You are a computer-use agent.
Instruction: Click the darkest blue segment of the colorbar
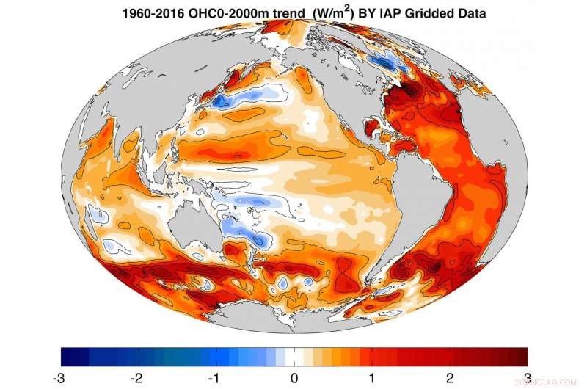(67, 356)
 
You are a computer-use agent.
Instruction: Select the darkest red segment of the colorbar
(520, 356)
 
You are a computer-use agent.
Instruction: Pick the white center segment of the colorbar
(293, 356)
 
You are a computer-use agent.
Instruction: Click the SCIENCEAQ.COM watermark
(550, 381)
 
